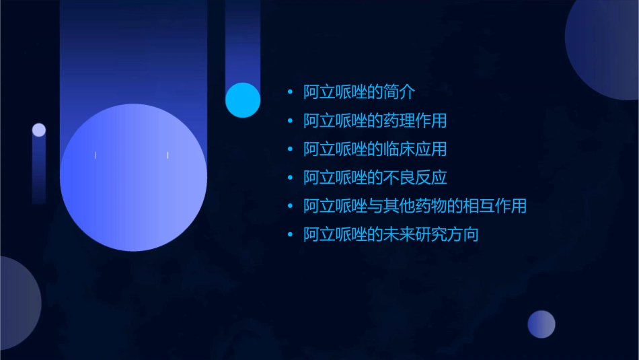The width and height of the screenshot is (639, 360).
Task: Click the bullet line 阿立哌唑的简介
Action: pyautogui.click(x=359, y=92)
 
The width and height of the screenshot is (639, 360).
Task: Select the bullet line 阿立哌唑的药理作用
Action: pyautogui.click(x=375, y=121)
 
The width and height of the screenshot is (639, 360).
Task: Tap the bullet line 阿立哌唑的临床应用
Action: pyautogui.click(x=375, y=149)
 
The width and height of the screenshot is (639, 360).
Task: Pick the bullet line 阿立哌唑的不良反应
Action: pyautogui.click(x=375, y=178)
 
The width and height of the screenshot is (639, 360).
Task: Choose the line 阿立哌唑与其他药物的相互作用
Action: pyautogui.click(x=414, y=206)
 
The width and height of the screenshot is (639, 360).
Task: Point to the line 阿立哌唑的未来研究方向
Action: pyautogui.click(x=390, y=235)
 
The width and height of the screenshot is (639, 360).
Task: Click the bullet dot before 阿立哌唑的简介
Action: pyautogui.click(x=290, y=92)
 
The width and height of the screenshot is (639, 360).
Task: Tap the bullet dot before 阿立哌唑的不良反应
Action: pyautogui.click(x=290, y=178)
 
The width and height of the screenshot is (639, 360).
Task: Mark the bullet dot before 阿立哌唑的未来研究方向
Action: pyautogui.click(x=290, y=235)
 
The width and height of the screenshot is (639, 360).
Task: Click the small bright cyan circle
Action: pyautogui.click(x=243, y=100)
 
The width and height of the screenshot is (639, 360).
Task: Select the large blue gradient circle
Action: pyautogui.click(x=133, y=177)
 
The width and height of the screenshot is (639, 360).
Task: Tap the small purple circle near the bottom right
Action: pyautogui.click(x=541, y=324)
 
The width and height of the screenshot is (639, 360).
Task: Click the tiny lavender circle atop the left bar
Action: pyautogui.click(x=39, y=130)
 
